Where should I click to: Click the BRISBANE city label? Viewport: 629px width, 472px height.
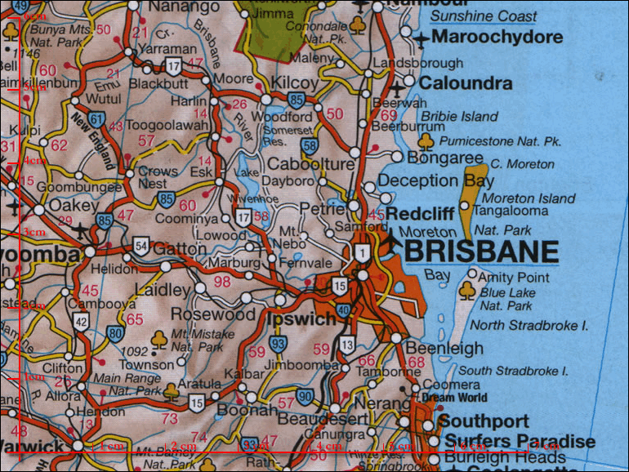[x=481, y=251]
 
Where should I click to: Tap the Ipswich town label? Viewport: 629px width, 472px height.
[x=302, y=318]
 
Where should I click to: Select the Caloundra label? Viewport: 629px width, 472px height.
[x=466, y=83]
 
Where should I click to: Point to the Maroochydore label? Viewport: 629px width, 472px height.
[x=497, y=38]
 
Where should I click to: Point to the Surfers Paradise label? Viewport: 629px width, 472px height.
[x=517, y=442]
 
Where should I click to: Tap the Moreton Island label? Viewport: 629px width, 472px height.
[x=529, y=198]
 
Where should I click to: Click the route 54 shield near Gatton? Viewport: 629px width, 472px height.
[x=141, y=247]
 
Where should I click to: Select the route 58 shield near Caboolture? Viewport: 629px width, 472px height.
[x=309, y=146]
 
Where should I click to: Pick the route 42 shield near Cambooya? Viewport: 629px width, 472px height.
[x=80, y=322]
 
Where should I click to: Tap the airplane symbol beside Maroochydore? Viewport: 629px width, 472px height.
[x=421, y=38]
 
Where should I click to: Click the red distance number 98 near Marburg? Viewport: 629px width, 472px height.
[x=222, y=282]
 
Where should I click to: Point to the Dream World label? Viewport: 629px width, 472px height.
[x=454, y=398]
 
